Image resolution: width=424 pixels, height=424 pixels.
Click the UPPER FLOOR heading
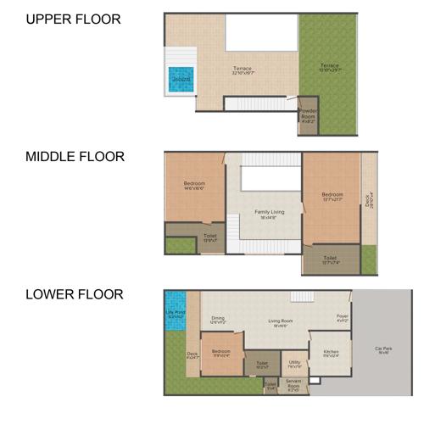(73, 19)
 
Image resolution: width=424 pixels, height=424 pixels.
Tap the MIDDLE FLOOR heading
(75, 157)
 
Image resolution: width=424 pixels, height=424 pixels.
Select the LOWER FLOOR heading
(75, 295)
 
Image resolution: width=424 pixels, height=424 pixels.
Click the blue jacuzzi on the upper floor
(180, 80)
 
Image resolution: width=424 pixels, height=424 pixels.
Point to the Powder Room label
(307, 117)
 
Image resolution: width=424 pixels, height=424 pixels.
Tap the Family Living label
(268, 212)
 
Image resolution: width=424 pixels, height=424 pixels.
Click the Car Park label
(382, 348)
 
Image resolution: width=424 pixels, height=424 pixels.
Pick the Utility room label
(294, 363)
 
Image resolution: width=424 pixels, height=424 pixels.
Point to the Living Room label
(281, 321)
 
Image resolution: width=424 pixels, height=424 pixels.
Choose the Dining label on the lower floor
(218, 319)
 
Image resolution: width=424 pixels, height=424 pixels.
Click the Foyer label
(342, 319)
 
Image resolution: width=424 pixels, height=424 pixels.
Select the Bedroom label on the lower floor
(220, 351)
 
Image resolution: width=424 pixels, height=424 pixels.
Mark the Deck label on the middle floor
(369, 201)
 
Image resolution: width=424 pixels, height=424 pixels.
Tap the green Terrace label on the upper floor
(329, 67)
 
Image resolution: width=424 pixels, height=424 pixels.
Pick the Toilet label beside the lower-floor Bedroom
(262, 364)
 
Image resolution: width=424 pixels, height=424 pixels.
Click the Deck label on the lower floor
(192, 354)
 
